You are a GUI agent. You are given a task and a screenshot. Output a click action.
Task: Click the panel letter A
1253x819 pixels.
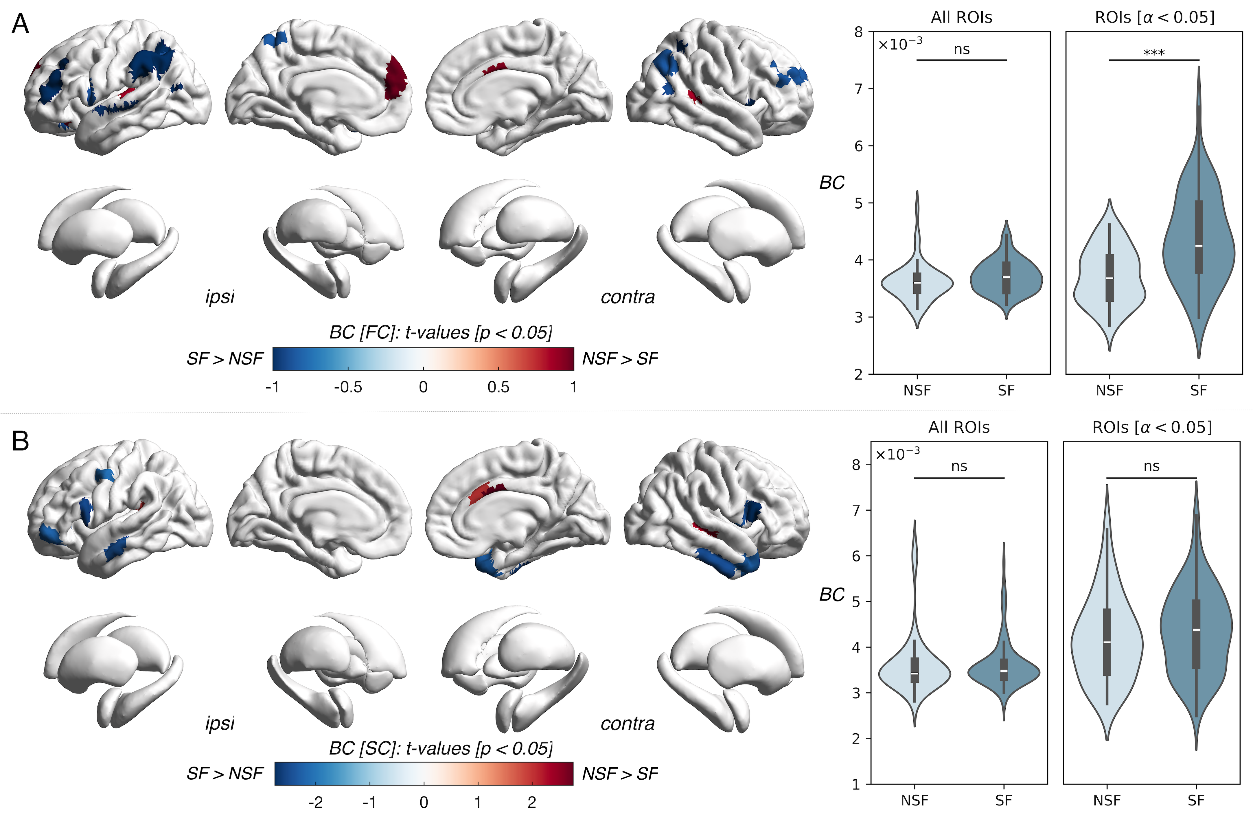(x=20, y=24)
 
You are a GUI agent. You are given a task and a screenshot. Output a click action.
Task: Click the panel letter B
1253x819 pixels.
(x=20, y=441)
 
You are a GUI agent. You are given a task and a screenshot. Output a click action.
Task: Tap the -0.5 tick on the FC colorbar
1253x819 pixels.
(x=348, y=387)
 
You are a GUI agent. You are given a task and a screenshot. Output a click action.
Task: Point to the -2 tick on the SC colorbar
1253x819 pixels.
(x=315, y=802)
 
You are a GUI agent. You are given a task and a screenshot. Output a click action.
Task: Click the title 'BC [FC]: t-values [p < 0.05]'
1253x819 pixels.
(x=441, y=333)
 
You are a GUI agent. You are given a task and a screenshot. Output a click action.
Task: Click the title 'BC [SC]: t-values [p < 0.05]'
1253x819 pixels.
(x=441, y=748)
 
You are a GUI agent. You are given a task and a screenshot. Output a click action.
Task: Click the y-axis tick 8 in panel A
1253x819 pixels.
(x=859, y=32)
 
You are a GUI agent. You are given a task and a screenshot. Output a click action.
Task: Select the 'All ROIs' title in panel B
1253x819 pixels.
(x=959, y=427)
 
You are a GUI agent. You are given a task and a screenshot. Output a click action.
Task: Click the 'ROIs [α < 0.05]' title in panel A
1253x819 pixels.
(x=1155, y=17)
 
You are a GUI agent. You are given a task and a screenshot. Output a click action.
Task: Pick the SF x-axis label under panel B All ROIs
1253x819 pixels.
(x=1003, y=800)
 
